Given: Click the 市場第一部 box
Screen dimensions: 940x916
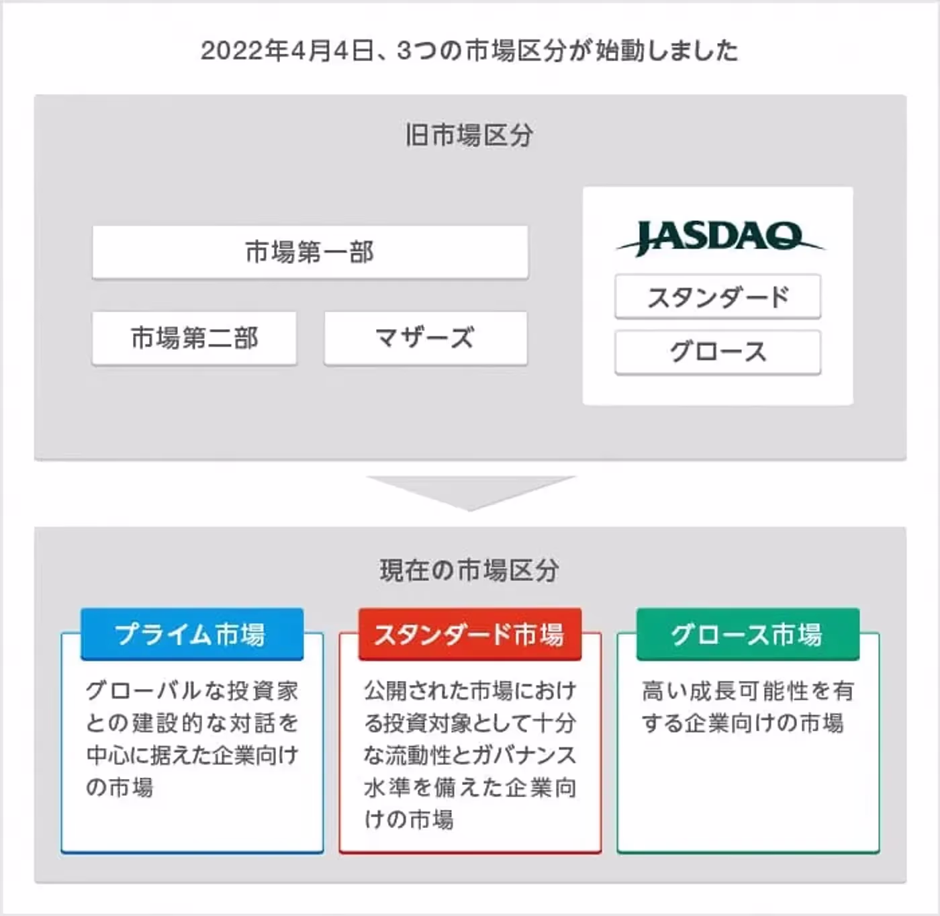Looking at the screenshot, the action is [310, 252].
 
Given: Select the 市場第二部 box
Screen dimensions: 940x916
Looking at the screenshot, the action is [194, 338].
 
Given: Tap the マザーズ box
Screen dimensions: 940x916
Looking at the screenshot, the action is [426, 338].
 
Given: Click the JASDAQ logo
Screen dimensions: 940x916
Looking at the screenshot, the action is [720, 238].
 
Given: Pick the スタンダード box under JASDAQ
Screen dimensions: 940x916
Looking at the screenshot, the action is [718, 297].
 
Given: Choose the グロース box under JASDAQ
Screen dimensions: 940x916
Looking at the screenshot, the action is [718, 352].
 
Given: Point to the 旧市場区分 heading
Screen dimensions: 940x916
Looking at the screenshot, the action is [469, 135].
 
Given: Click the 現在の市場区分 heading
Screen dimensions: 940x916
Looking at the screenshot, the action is [469, 570].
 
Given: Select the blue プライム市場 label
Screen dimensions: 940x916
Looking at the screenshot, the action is [192, 634].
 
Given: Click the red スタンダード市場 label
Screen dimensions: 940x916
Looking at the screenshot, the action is [470, 634].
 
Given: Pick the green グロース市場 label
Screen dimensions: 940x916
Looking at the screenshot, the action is [748, 634].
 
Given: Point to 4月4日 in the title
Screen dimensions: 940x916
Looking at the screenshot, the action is [333, 51].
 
